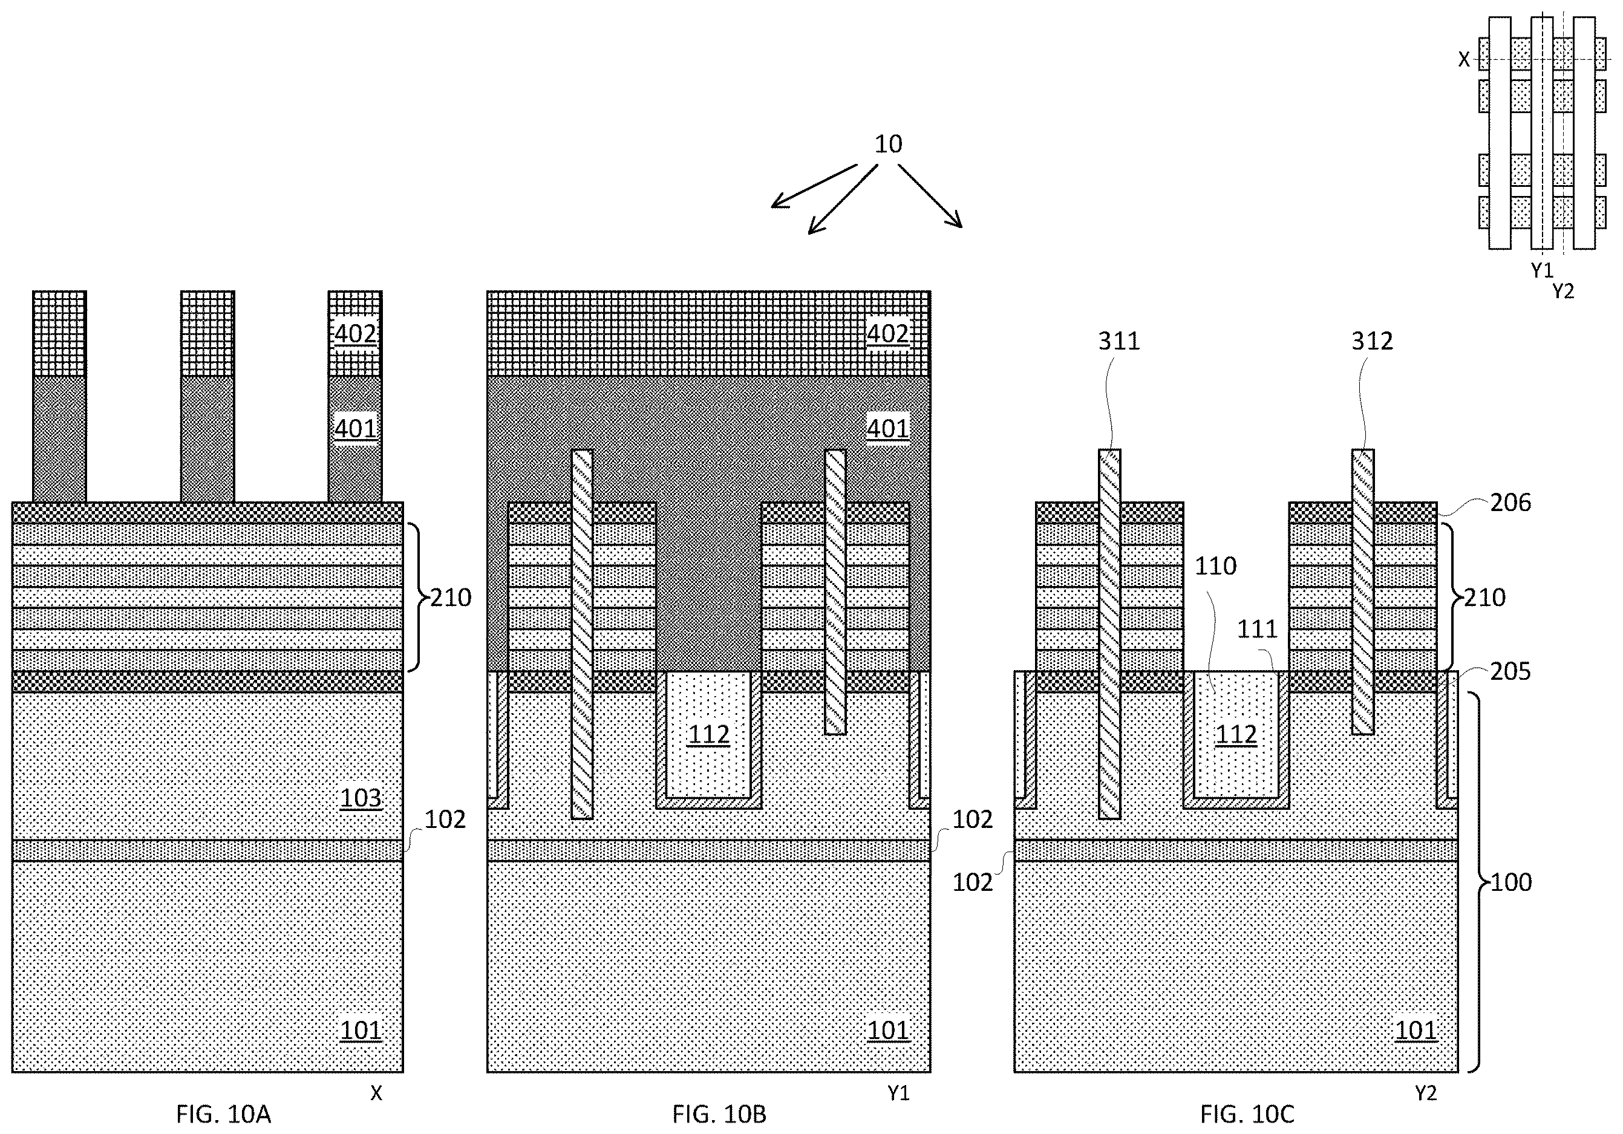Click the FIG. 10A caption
tap(223, 1114)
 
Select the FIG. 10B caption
tap(719, 1114)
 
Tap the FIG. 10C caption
tap(1247, 1114)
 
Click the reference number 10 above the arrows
tap(889, 144)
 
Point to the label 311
tap(1119, 341)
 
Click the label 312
tap(1372, 341)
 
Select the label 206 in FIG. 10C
tap(1510, 503)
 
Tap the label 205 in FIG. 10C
tap(1510, 671)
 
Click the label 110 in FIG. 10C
tap(1216, 566)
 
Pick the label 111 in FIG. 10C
tap(1258, 629)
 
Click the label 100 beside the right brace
tap(1510, 882)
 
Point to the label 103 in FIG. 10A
tap(361, 798)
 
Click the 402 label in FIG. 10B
tap(888, 333)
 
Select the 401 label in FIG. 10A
tap(355, 428)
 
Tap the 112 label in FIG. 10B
tap(709, 735)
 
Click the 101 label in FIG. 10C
tap(1416, 1030)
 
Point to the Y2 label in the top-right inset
tap(1564, 290)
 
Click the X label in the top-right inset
tap(1464, 59)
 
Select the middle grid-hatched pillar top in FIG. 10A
tap(207, 333)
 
